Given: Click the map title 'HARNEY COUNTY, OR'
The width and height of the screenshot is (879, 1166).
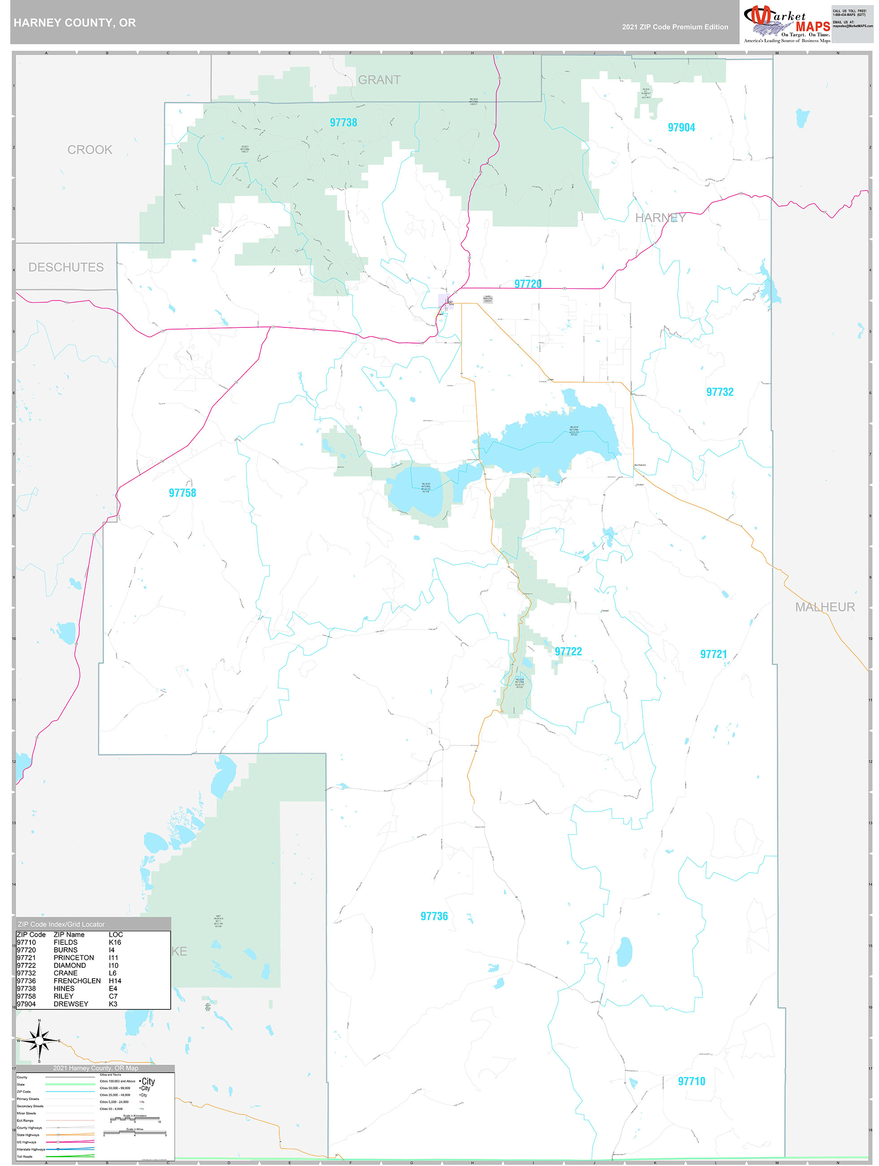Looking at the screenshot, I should (x=75, y=23).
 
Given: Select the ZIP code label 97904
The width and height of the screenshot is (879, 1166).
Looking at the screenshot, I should (x=681, y=127).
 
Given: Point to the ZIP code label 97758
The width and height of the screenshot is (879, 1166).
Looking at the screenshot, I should (x=182, y=493).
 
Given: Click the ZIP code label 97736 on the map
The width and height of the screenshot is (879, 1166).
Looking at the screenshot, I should (x=434, y=916).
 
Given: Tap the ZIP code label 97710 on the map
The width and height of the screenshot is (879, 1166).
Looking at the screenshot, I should (x=691, y=1081).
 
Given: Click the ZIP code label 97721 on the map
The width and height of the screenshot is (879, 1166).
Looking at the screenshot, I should (x=713, y=654).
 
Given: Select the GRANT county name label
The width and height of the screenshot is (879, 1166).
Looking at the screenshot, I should (x=379, y=80).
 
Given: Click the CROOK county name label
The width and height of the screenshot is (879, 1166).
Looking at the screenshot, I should (x=90, y=150).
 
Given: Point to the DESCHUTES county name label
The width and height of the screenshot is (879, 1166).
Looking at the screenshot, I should (x=66, y=267).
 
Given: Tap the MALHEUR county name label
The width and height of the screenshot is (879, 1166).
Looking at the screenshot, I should (x=825, y=607).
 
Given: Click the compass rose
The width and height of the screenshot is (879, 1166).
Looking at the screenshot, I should (x=39, y=1041).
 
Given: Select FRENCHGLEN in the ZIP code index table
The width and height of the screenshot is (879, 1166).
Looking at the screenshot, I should (x=77, y=981).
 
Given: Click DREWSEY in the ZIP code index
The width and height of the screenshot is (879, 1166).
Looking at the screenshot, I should (x=71, y=1004).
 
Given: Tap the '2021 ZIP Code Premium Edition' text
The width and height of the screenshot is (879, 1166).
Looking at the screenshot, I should (x=675, y=27).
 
